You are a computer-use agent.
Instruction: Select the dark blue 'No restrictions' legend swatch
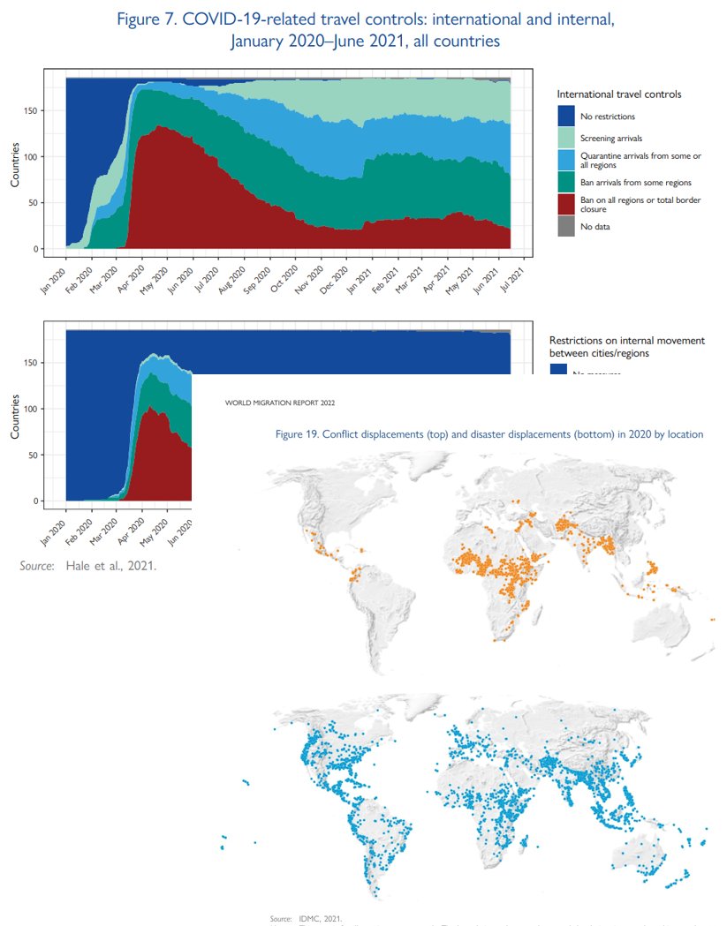(x=566, y=116)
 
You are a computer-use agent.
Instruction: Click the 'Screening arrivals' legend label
(x=612, y=139)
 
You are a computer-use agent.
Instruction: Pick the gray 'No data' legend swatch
(x=566, y=226)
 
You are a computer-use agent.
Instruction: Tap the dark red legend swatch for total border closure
(x=566, y=204)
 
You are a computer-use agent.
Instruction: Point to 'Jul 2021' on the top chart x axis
(x=518, y=268)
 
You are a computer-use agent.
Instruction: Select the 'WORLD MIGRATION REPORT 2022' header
(x=280, y=403)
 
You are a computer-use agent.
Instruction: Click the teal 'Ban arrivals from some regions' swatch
(x=566, y=182)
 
